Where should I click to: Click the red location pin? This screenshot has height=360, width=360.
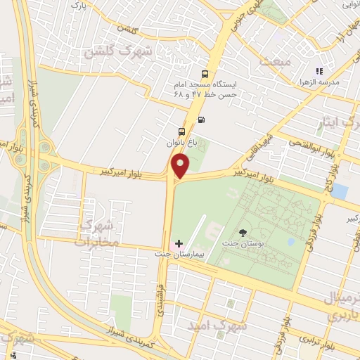pyautogui.click(x=181, y=166)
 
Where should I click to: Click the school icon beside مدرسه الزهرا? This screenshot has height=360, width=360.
pyautogui.click(x=319, y=71)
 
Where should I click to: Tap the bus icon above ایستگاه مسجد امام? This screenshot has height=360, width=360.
pyautogui.click(x=205, y=74)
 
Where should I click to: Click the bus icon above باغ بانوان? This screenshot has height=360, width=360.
pyautogui.click(x=181, y=131)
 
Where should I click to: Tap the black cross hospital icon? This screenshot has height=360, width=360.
pyautogui.click(x=179, y=243)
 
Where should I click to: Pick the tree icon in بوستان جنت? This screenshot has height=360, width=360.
pyautogui.click(x=243, y=233)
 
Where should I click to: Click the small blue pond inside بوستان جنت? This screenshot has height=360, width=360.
pyautogui.click(x=291, y=241)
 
